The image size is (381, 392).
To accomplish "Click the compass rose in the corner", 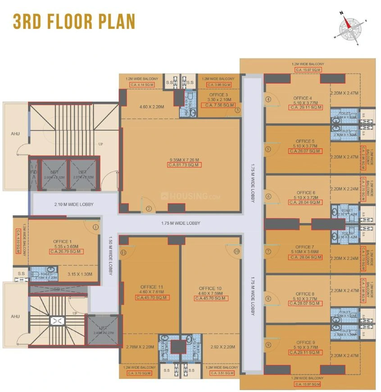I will point(349,28).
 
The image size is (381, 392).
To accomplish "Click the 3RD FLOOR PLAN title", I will point(74,21).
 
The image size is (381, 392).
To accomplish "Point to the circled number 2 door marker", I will point(149,208).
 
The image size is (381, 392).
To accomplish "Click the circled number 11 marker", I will point(124,252).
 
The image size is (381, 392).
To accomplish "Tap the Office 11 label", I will point(151,287).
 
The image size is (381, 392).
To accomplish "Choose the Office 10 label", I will point(210,288).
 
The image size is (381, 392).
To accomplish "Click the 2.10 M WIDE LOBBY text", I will point(74,204).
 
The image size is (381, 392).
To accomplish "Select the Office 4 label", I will point(303,98).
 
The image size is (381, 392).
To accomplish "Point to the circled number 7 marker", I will point(268,251).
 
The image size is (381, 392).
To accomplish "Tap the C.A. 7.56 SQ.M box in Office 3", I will point(220,105).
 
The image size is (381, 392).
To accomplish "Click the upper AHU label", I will point(16,134).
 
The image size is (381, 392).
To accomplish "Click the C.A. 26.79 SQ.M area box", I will point(66,252).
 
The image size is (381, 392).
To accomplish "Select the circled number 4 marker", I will point(268,99).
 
